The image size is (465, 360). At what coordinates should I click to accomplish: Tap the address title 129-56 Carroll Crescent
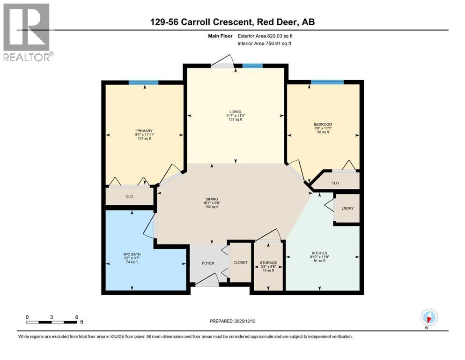click(x=232, y=22)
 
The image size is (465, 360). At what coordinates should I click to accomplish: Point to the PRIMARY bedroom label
click(x=144, y=135)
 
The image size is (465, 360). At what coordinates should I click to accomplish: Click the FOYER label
click(x=208, y=263)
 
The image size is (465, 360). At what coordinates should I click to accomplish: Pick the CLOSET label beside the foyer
click(x=240, y=262)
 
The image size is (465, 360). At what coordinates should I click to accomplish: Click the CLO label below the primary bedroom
click(x=130, y=196)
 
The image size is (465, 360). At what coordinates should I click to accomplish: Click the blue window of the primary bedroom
click(x=143, y=82)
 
